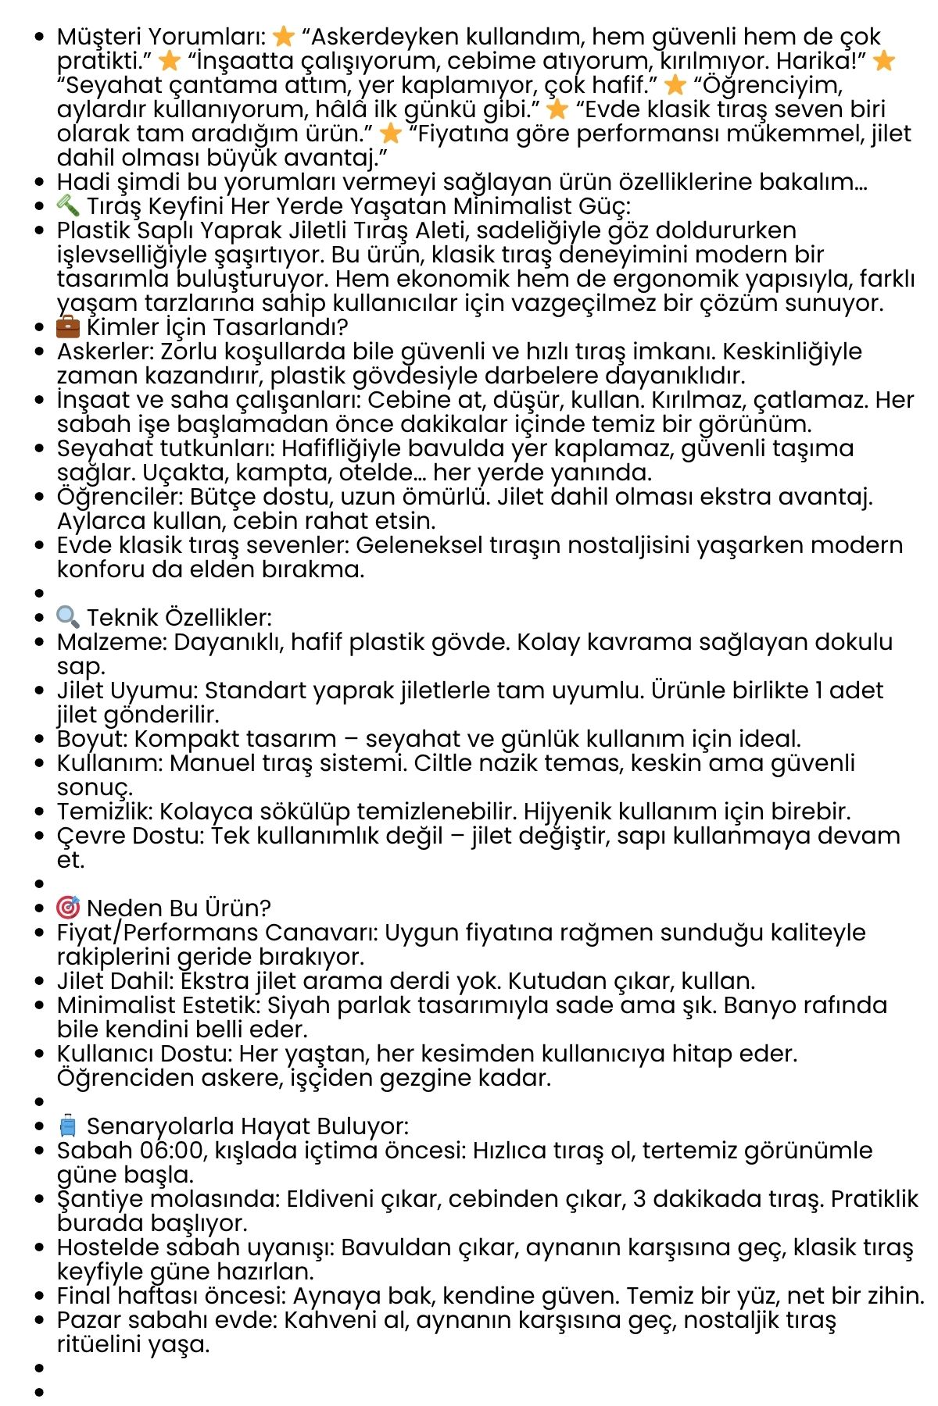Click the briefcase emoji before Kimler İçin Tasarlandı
click(68, 327)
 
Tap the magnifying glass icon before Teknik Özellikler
click(68, 617)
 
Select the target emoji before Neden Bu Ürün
click(68, 908)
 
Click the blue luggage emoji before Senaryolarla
click(68, 1126)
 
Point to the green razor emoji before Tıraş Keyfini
click(68, 205)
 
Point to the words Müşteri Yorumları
click(161, 37)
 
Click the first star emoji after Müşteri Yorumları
click(284, 37)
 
